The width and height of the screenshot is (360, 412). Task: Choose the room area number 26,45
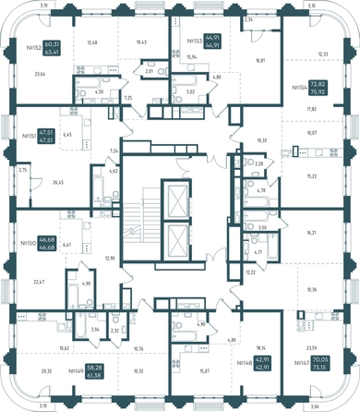[59, 182]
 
